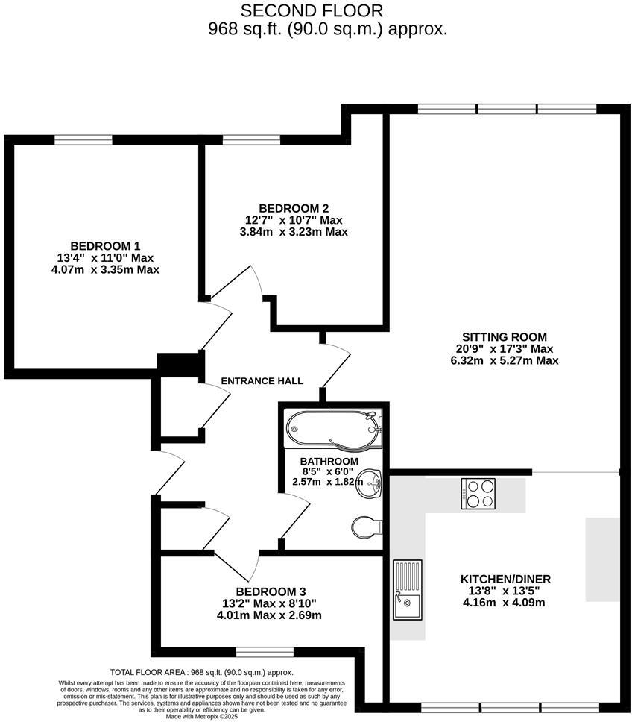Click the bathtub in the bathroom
point(333,429)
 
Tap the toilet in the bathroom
point(367,527)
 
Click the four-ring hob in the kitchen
point(478,494)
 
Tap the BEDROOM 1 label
point(105,246)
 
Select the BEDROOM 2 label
point(294,208)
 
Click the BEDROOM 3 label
point(271,591)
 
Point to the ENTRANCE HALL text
point(262,381)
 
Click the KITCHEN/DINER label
point(506,579)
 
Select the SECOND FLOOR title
point(312,10)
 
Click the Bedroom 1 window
point(83,139)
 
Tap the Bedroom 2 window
point(251,139)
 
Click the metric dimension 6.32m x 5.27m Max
point(505,360)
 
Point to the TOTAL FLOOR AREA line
point(201,672)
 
